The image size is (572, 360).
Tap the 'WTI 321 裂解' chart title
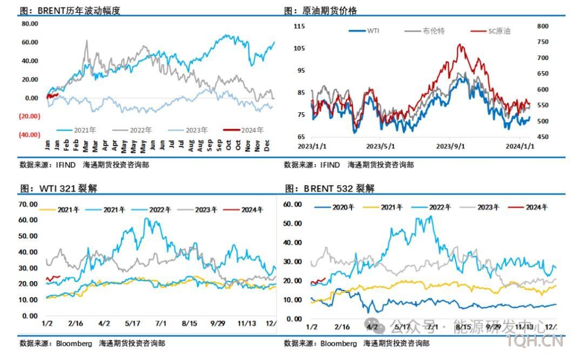click(x=68, y=188)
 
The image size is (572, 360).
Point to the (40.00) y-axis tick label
click(x=30, y=134)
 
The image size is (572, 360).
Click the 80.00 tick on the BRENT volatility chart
click(x=30, y=24)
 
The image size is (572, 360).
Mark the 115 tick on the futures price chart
click(x=299, y=26)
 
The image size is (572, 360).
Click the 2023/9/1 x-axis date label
click(x=450, y=146)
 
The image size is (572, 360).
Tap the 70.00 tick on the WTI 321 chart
click(x=28, y=204)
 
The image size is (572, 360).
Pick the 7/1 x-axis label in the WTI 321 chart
click(x=161, y=323)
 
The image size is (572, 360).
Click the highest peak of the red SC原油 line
click(x=460, y=45)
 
